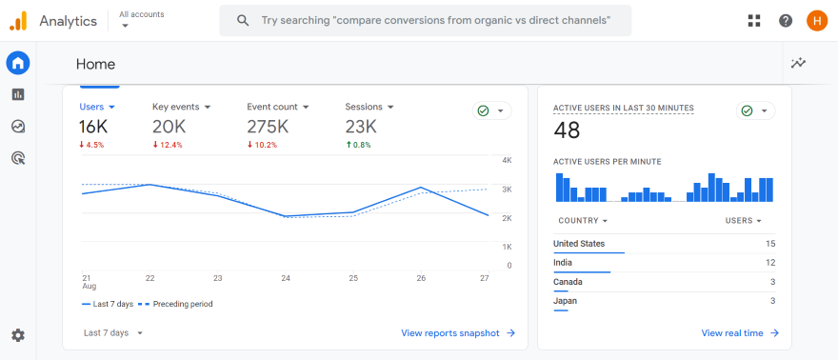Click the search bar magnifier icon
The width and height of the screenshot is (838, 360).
coord(244,20)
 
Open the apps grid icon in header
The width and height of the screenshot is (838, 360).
coord(754,20)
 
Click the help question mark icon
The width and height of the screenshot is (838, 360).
coord(786,20)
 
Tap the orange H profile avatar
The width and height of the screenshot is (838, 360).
coord(816,20)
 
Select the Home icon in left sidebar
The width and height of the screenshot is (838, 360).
coord(18,64)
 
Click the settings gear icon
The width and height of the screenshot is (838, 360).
coord(18,335)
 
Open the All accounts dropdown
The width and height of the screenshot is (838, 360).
coord(141,19)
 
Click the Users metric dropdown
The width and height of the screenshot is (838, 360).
coord(97,107)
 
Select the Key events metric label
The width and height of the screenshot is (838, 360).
coord(175,107)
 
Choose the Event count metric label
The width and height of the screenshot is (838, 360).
coord(272,107)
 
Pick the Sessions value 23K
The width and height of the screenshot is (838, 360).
coord(362,127)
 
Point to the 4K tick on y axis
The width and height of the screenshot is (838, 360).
coord(508,160)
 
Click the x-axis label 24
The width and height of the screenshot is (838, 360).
coord(286,278)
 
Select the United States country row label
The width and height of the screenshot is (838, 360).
coord(579,244)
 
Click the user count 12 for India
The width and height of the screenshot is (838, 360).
coord(770,263)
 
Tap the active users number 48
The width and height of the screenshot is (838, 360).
coord(567,130)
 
